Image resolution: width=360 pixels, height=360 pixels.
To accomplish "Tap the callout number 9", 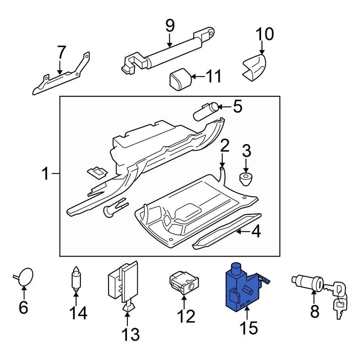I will point(170,25).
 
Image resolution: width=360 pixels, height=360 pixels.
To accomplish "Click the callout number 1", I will point(46,174).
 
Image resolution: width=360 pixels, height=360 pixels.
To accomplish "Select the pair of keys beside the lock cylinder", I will point(339,298).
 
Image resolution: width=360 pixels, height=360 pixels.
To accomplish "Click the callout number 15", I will point(249,327).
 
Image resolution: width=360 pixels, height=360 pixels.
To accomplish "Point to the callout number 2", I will point(224,146).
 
